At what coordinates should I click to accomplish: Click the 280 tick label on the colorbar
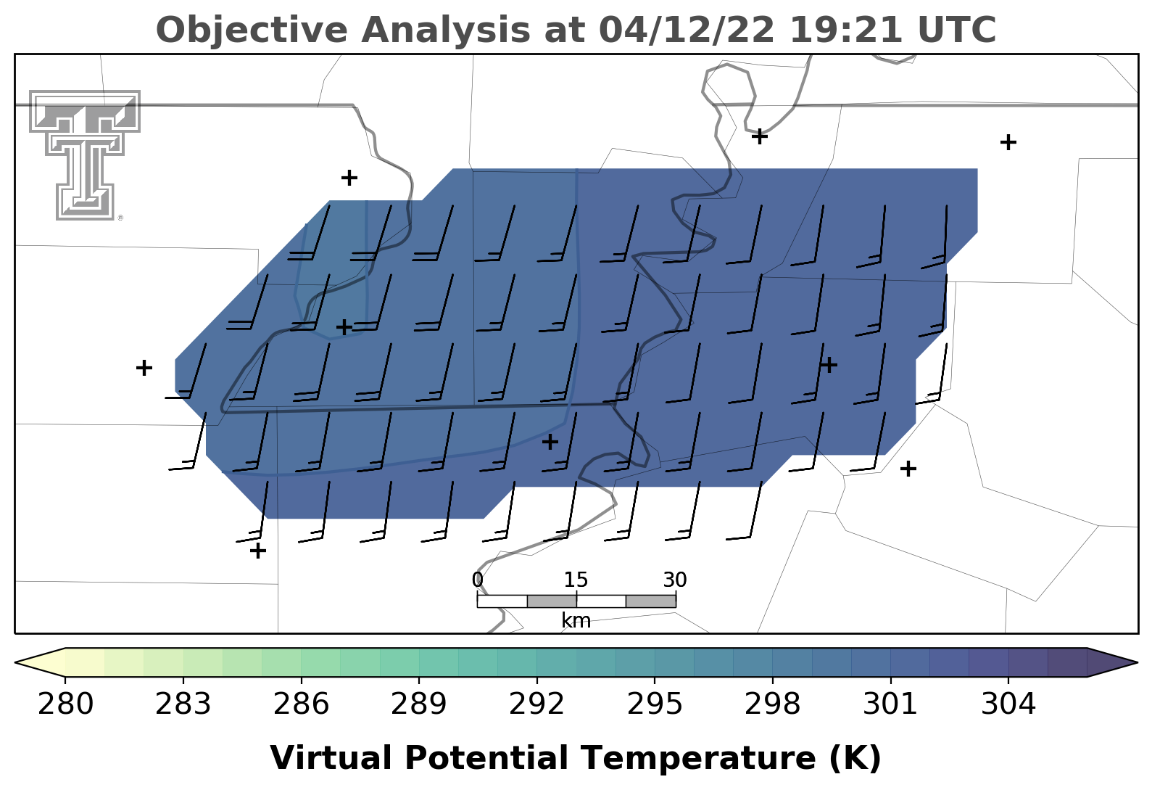[65, 704]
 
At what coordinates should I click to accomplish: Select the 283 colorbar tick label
[183, 704]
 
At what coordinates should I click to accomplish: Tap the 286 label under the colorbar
[301, 704]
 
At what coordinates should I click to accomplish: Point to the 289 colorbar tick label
[418, 704]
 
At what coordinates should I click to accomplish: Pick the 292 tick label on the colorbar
[536, 704]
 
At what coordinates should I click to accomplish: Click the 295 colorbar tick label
[654, 704]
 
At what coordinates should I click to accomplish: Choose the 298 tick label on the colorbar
[772, 704]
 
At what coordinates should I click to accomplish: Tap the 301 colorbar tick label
[890, 704]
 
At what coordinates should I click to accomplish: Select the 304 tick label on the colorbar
[1008, 704]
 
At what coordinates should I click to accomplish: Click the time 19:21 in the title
[846, 30]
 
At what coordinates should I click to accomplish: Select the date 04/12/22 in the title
[687, 30]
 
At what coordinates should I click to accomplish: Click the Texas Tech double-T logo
[85, 155]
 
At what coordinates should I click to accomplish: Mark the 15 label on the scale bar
[576, 580]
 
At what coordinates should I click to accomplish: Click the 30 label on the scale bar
[675, 580]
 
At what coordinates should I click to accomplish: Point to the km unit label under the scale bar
[576, 621]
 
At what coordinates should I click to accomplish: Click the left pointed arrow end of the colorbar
[41, 662]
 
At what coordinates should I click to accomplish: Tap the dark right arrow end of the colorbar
[1112, 662]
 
